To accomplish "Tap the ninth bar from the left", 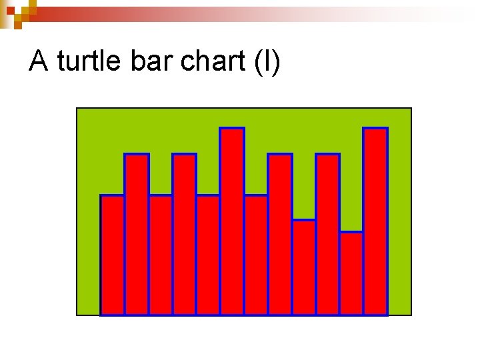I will [x=304, y=267].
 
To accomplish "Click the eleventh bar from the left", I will [x=351, y=273].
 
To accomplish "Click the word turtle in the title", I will [x=89, y=62].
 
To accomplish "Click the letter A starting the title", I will [x=39, y=62].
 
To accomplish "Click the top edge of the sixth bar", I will [x=232, y=128].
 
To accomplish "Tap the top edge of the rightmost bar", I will [x=375, y=128].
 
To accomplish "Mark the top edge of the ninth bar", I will [x=304, y=220].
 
